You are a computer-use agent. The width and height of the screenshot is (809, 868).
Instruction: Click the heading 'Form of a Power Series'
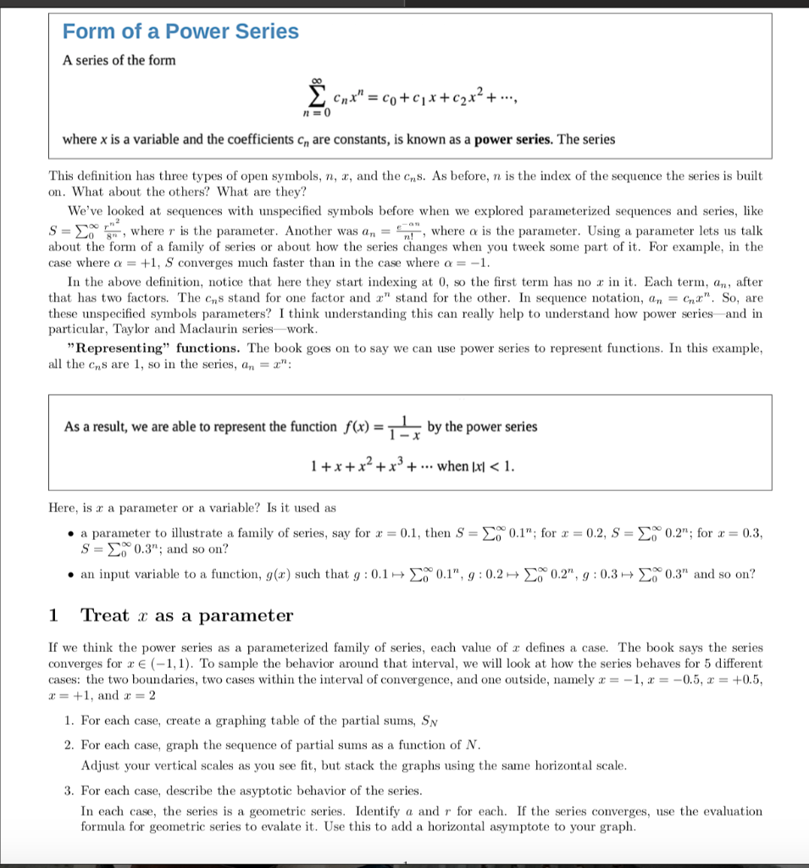180,31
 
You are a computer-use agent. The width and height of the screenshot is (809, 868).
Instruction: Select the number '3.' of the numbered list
69,790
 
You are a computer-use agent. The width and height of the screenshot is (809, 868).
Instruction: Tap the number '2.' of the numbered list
69,745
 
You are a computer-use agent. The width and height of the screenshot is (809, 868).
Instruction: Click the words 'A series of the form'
119,60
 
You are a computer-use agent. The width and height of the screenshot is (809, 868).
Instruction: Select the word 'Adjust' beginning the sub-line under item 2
99,765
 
